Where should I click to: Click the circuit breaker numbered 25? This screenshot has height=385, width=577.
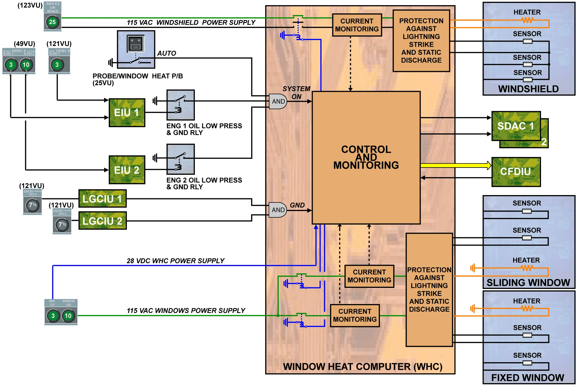52,22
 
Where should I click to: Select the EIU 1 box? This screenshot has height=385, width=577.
127,113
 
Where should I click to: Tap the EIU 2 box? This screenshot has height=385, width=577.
127,170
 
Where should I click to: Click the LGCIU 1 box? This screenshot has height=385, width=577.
102,199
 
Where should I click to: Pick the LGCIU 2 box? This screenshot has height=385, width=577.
102,221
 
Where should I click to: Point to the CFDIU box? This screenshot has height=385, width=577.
516,172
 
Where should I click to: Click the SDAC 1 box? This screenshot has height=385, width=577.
516,126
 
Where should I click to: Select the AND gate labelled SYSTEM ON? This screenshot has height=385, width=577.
278,101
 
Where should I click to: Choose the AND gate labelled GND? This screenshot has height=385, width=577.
278,210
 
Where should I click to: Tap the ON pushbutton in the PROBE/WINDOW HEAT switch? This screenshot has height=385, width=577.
136,44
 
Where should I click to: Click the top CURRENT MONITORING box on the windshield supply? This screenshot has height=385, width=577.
357,25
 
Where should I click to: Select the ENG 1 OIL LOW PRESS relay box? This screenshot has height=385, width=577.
180,105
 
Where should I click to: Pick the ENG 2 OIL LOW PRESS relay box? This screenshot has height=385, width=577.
180,159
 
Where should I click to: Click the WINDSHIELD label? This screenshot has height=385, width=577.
528,89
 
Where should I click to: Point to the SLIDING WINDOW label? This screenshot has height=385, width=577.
528,282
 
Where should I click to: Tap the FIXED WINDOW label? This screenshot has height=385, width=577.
527,377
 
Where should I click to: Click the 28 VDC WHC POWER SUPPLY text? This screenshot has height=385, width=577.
176,261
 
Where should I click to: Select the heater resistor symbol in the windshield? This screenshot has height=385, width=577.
527,20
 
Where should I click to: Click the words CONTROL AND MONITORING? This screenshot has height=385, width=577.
366,157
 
